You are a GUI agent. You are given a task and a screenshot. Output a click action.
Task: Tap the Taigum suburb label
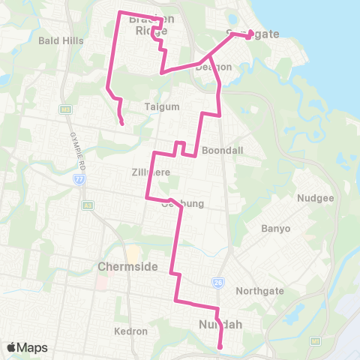tap(164, 106)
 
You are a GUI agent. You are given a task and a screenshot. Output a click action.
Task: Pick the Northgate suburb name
tap(258, 291)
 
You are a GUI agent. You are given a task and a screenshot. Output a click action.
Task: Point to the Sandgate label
tap(253, 34)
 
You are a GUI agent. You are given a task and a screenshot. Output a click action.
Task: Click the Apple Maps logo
tap(27, 347)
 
